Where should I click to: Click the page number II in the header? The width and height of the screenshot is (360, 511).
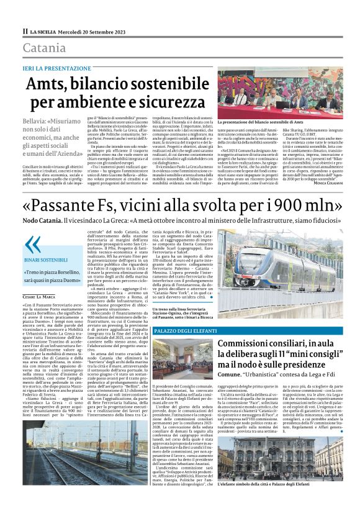pos(25,31)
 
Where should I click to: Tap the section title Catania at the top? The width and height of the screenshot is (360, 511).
pos(44,48)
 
